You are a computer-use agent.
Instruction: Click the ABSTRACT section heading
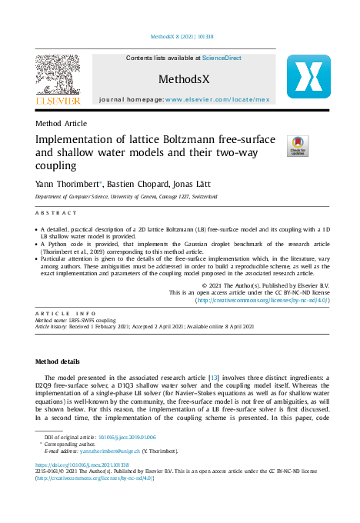click(57, 212)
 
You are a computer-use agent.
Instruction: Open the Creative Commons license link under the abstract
click(262, 301)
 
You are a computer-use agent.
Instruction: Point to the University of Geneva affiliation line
click(127, 197)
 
